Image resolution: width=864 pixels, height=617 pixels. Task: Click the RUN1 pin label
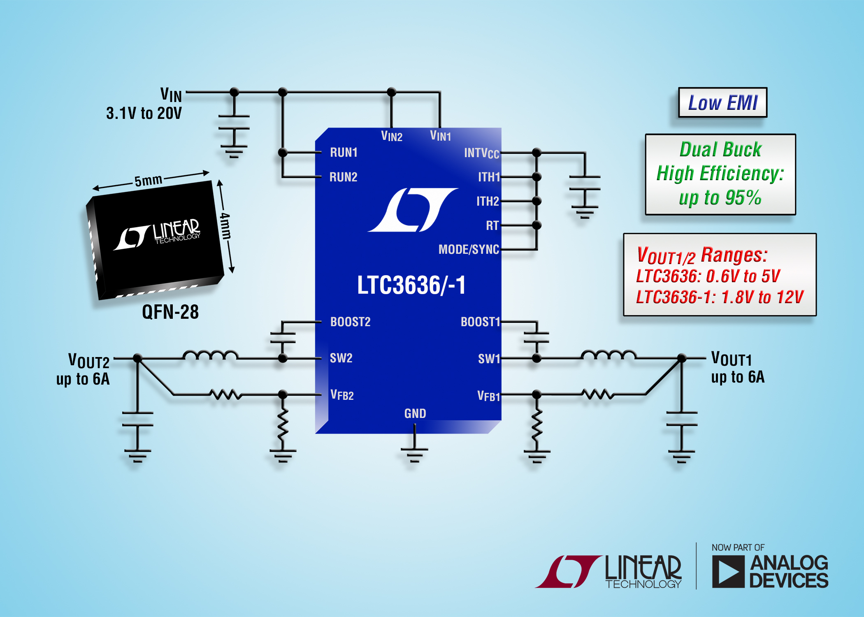point(344,153)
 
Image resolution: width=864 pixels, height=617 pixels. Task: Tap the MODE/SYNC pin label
point(469,250)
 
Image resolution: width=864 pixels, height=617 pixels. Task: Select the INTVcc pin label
point(481,153)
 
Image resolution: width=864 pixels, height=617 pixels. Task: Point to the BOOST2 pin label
point(350,322)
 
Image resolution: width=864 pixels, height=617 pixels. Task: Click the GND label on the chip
point(415,413)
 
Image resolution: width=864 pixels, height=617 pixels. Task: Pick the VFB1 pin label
point(488,396)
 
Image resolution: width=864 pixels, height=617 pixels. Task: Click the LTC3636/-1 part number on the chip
point(411,285)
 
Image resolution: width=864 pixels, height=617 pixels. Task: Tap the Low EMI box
point(722,103)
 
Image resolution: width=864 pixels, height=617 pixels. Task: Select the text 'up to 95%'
point(720,198)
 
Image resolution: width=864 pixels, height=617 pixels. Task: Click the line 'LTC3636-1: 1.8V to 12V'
point(720,297)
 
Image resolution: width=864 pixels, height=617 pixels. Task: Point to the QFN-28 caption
point(170,312)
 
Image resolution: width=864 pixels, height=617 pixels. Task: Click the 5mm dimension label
point(148,181)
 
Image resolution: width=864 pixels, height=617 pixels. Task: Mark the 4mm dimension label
point(225,226)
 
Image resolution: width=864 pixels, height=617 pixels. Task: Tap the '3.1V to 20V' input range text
point(144,114)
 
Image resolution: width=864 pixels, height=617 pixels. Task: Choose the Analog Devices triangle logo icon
point(728,571)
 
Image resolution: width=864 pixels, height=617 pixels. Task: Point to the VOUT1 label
point(732,360)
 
